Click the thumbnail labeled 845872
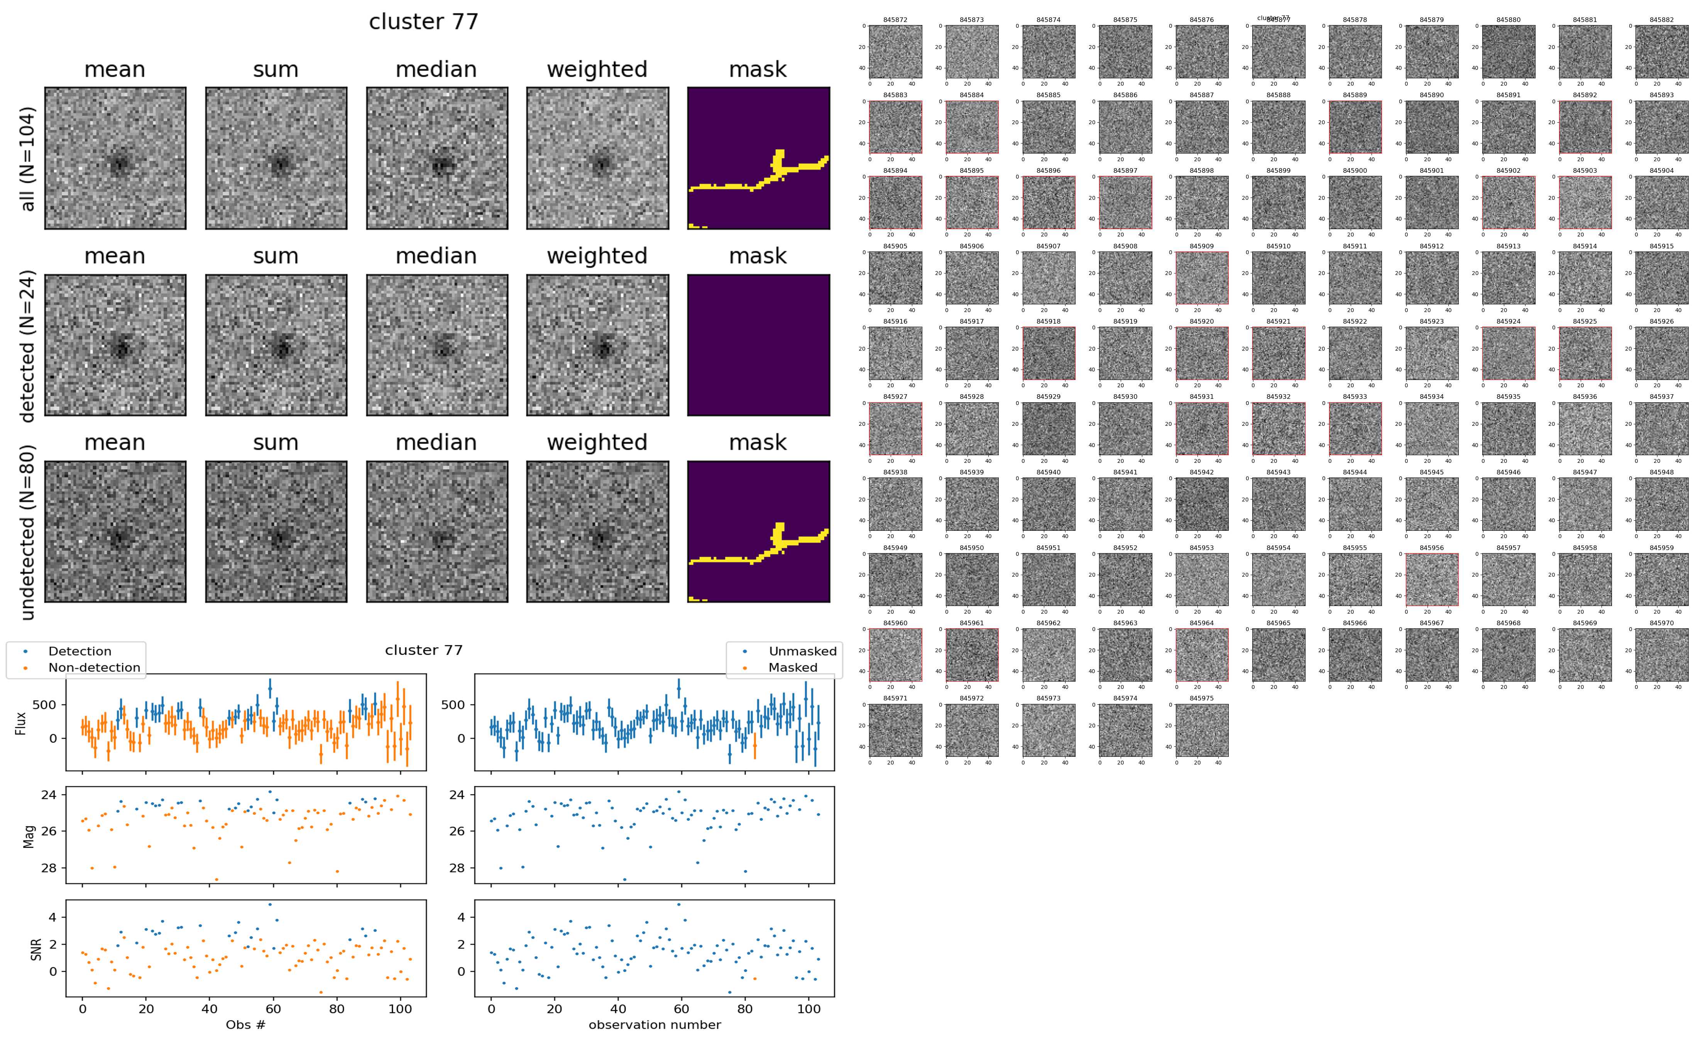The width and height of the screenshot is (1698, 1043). (x=895, y=52)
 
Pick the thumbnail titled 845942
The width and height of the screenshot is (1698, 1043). (x=1201, y=504)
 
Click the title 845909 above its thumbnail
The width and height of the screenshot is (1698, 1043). (x=1201, y=246)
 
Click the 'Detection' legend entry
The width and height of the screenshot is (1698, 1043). (x=79, y=651)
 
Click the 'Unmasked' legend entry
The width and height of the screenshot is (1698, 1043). (x=802, y=651)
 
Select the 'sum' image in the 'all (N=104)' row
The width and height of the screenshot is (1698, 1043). (x=276, y=158)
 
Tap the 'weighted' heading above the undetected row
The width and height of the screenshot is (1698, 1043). (x=597, y=442)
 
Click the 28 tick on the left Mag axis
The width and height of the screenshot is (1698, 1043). (x=49, y=868)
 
